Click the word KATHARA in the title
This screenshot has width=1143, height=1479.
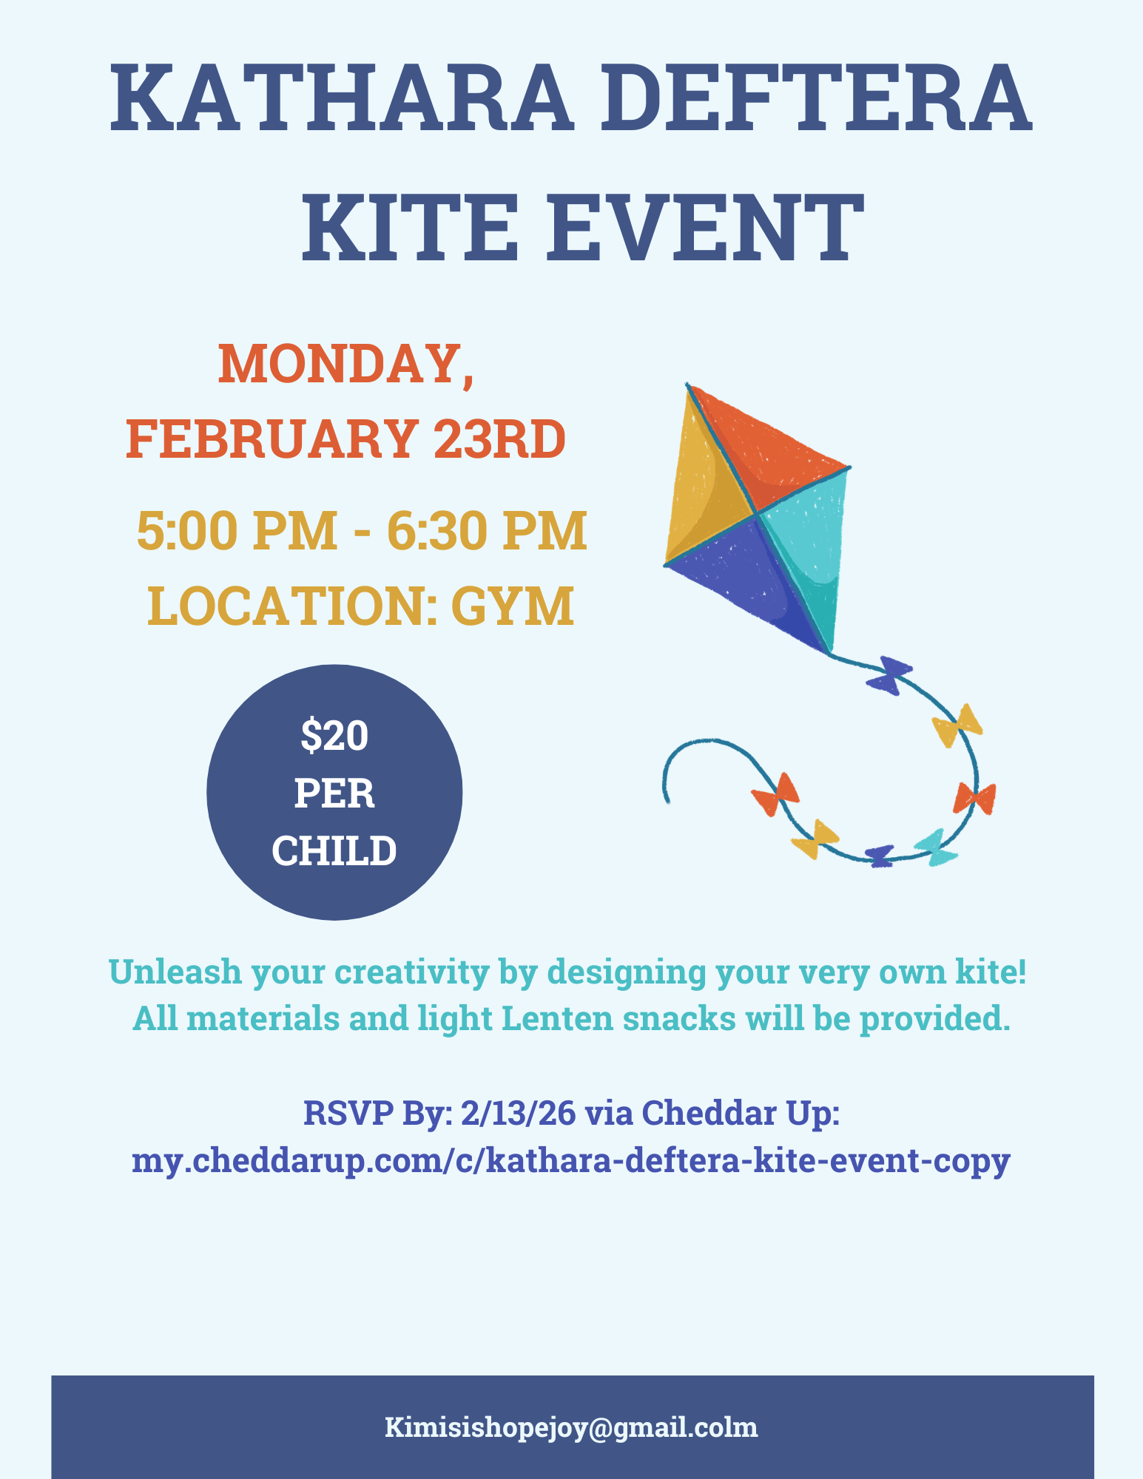[x=341, y=97]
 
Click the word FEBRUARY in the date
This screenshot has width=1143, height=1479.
[x=271, y=439]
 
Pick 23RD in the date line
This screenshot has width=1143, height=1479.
[x=499, y=439]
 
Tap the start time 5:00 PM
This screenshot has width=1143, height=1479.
[x=237, y=530]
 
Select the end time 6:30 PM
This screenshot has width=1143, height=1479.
[x=487, y=530]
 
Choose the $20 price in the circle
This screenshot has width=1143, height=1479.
[x=334, y=737]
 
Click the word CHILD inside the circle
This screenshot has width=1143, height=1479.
[x=334, y=850]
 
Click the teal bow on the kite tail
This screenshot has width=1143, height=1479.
[x=936, y=847]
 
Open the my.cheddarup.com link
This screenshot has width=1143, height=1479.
[x=571, y=1161]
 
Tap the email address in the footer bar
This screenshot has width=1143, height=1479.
[x=571, y=1427]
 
